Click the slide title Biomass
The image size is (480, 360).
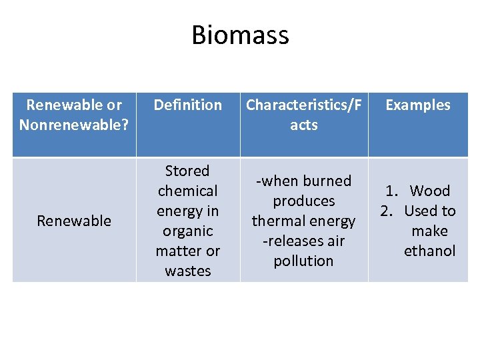[x=240, y=35]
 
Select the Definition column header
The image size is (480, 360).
[x=188, y=105]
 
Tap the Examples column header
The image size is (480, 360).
[x=418, y=105]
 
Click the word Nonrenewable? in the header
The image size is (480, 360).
[x=75, y=125]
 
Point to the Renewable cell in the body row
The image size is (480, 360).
[x=74, y=221]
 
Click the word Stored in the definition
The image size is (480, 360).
[x=187, y=171]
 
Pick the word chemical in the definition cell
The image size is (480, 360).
[x=187, y=191]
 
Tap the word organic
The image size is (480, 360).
[x=187, y=231]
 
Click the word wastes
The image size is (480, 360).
[x=187, y=271]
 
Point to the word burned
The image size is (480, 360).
[x=326, y=181]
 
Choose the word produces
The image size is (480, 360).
[x=303, y=201]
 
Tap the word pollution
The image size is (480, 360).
[x=303, y=261]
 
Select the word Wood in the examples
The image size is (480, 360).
[x=430, y=191]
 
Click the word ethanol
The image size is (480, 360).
[x=429, y=251]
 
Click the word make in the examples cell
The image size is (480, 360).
[x=429, y=231]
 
